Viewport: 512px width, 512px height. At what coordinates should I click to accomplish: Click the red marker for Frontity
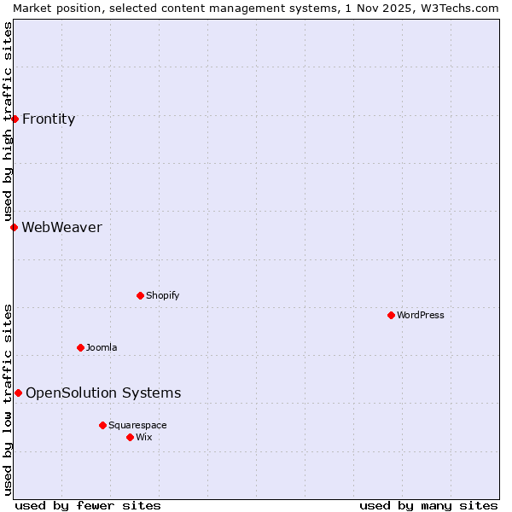15,119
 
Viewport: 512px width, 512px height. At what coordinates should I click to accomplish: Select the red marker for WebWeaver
14,227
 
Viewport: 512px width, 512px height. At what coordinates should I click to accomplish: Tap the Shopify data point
140,295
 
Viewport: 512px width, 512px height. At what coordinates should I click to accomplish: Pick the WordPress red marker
391,315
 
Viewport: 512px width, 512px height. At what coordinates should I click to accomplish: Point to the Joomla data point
80,347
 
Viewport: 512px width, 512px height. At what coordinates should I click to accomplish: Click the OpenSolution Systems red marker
18,393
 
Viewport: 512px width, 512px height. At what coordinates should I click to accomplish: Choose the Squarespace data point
102,425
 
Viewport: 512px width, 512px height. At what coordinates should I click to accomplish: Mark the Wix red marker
130,437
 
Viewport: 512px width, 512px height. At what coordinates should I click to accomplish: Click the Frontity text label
49,119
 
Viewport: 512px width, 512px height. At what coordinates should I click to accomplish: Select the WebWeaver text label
61,228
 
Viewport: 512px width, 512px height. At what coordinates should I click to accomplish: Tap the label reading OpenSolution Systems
103,393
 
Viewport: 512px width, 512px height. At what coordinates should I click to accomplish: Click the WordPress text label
421,315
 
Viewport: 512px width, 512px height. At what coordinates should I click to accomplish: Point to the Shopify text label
162,295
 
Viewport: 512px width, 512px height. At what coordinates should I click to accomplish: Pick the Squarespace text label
137,425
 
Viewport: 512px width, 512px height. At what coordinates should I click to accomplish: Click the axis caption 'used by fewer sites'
88,505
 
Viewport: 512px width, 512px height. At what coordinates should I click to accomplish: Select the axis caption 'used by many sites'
428,505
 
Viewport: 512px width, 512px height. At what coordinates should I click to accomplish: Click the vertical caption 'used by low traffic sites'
8,399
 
